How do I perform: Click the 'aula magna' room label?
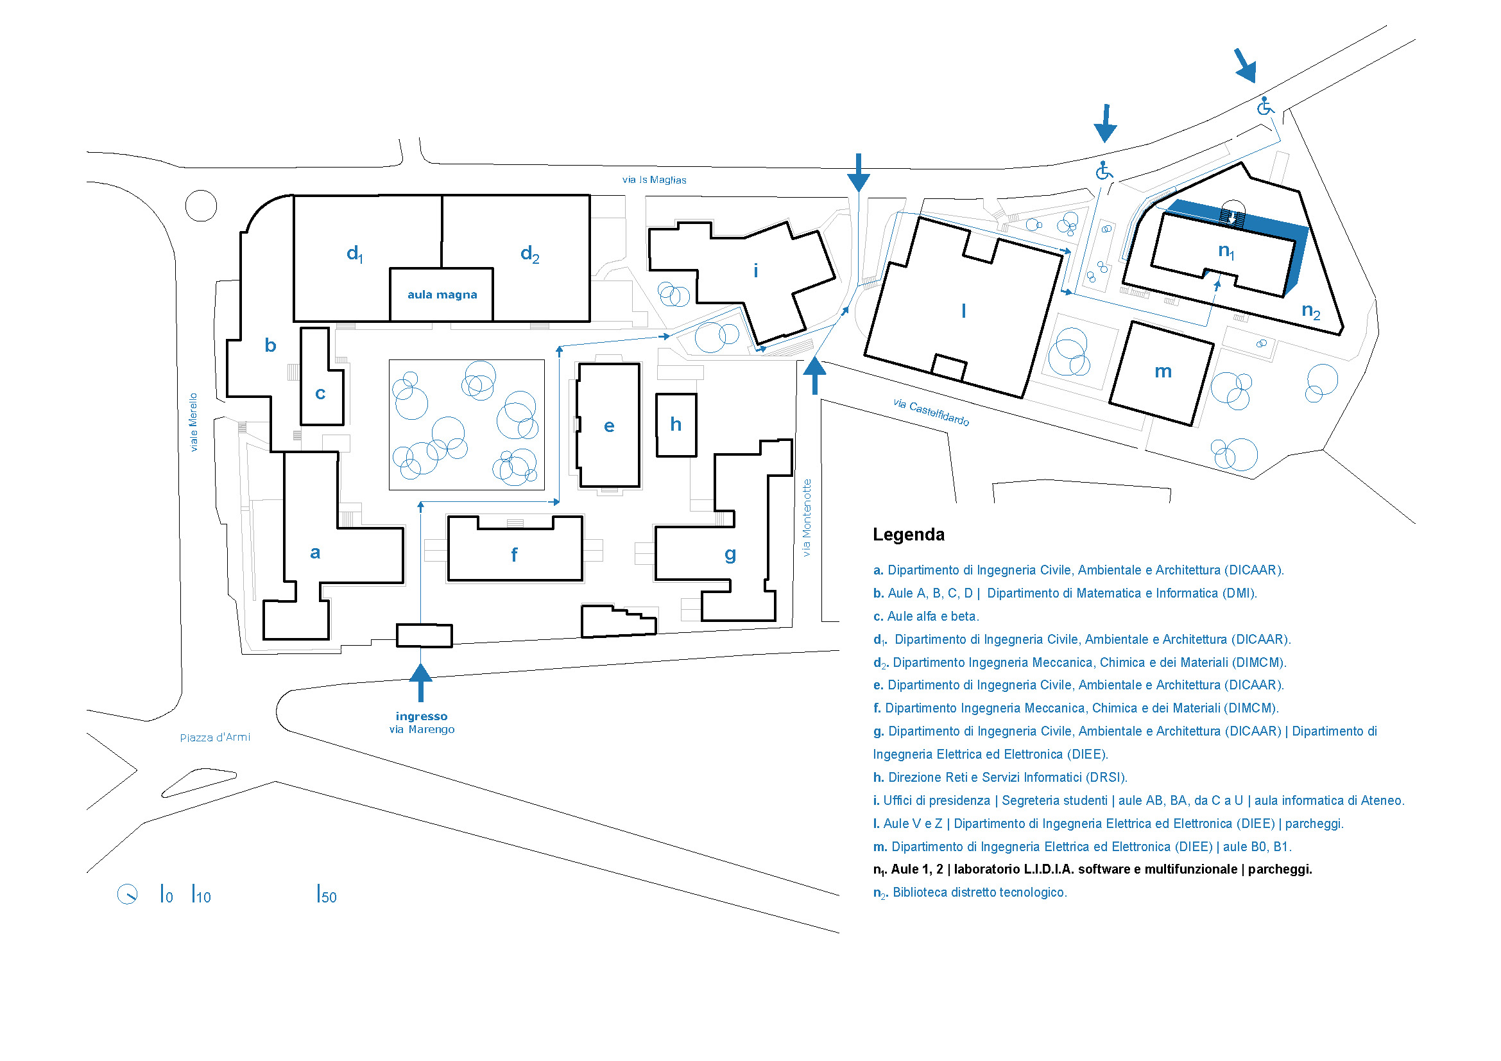(442, 295)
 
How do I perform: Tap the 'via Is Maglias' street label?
(654, 180)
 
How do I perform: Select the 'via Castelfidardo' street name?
(931, 412)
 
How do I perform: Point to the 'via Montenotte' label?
(807, 518)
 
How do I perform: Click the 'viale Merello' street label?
(193, 422)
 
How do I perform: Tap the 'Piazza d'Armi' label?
(215, 738)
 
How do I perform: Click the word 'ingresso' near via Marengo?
(422, 716)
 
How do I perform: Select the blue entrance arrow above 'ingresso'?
(420, 682)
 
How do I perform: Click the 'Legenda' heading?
(909, 535)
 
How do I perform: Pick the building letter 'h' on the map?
(676, 425)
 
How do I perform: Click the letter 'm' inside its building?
(1163, 372)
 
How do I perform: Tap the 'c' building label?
(320, 393)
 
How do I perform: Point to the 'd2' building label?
(529, 254)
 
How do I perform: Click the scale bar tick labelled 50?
(326, 895)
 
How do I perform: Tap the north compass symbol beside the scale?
(128, 894)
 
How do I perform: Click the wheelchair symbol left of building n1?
(1104, 171)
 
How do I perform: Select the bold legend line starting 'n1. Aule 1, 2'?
(1092, 870)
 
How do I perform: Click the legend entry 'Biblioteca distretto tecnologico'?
(979, 892)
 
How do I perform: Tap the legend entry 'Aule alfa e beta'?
(926, 616)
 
